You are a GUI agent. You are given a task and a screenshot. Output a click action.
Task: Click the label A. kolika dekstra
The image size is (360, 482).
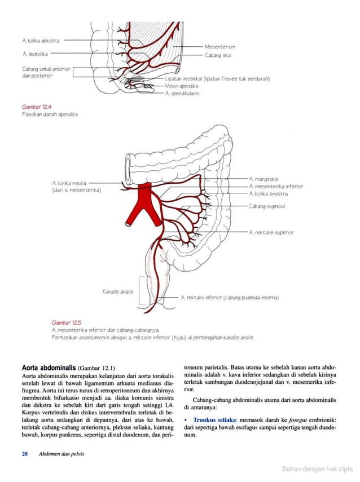(40, 41)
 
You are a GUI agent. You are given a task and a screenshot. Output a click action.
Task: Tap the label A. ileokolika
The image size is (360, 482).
(34, 54)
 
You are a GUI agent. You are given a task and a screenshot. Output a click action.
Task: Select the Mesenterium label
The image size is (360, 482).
(220, 46)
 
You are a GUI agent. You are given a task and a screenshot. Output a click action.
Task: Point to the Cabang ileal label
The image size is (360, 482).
(218, 55)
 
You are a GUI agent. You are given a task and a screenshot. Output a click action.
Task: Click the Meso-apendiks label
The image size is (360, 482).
(182, 86)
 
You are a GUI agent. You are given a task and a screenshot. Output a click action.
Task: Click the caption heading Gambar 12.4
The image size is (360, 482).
(34, 106)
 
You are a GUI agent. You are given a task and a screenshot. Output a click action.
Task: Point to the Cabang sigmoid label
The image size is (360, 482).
(267, 207)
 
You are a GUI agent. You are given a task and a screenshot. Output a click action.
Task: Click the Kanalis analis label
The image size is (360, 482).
(117, 291)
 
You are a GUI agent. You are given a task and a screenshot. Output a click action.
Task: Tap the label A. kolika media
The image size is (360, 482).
(69, 183)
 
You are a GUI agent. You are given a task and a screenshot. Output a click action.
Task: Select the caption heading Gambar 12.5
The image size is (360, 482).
(64, 321)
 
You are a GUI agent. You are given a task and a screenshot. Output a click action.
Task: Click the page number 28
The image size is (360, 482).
(25, 454)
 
